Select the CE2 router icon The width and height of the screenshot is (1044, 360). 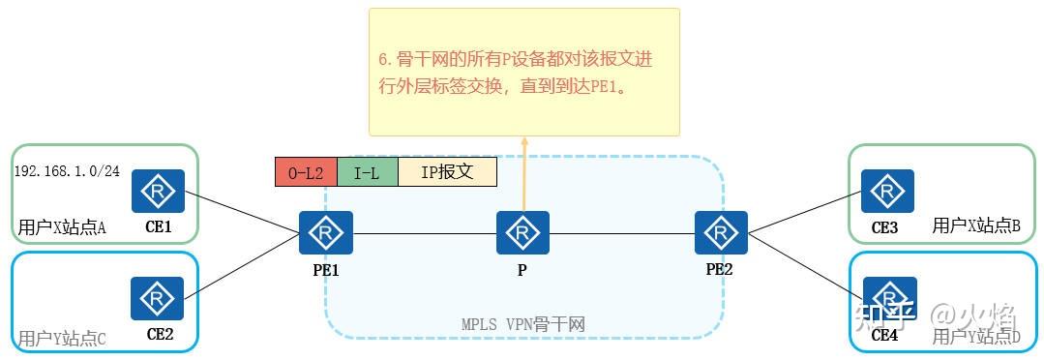(x=158, y=298)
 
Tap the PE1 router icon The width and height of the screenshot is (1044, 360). (x=326, y=232)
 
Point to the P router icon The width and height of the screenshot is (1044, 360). (x=522, y=232)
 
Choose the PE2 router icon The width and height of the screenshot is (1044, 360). (x=720, y=232)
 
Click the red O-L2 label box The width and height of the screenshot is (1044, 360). (x=306, y=172)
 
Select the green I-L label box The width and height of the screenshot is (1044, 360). (x=368, y=172)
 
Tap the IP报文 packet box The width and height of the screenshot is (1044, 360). (x=447, y=172)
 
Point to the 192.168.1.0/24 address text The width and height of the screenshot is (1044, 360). (x=67, y=170)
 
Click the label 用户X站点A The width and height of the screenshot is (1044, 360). (x=61, y=228)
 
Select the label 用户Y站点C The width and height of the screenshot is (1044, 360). (x=61, y=338)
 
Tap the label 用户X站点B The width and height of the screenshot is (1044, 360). (x=975, y=225)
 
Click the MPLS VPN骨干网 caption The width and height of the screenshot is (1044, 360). (x=523, y=324)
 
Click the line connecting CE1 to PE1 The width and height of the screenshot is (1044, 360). (x=242, y=212)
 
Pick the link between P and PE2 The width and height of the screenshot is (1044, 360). (x=621, y=232)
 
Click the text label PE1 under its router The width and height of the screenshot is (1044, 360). (x=325, y=270)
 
